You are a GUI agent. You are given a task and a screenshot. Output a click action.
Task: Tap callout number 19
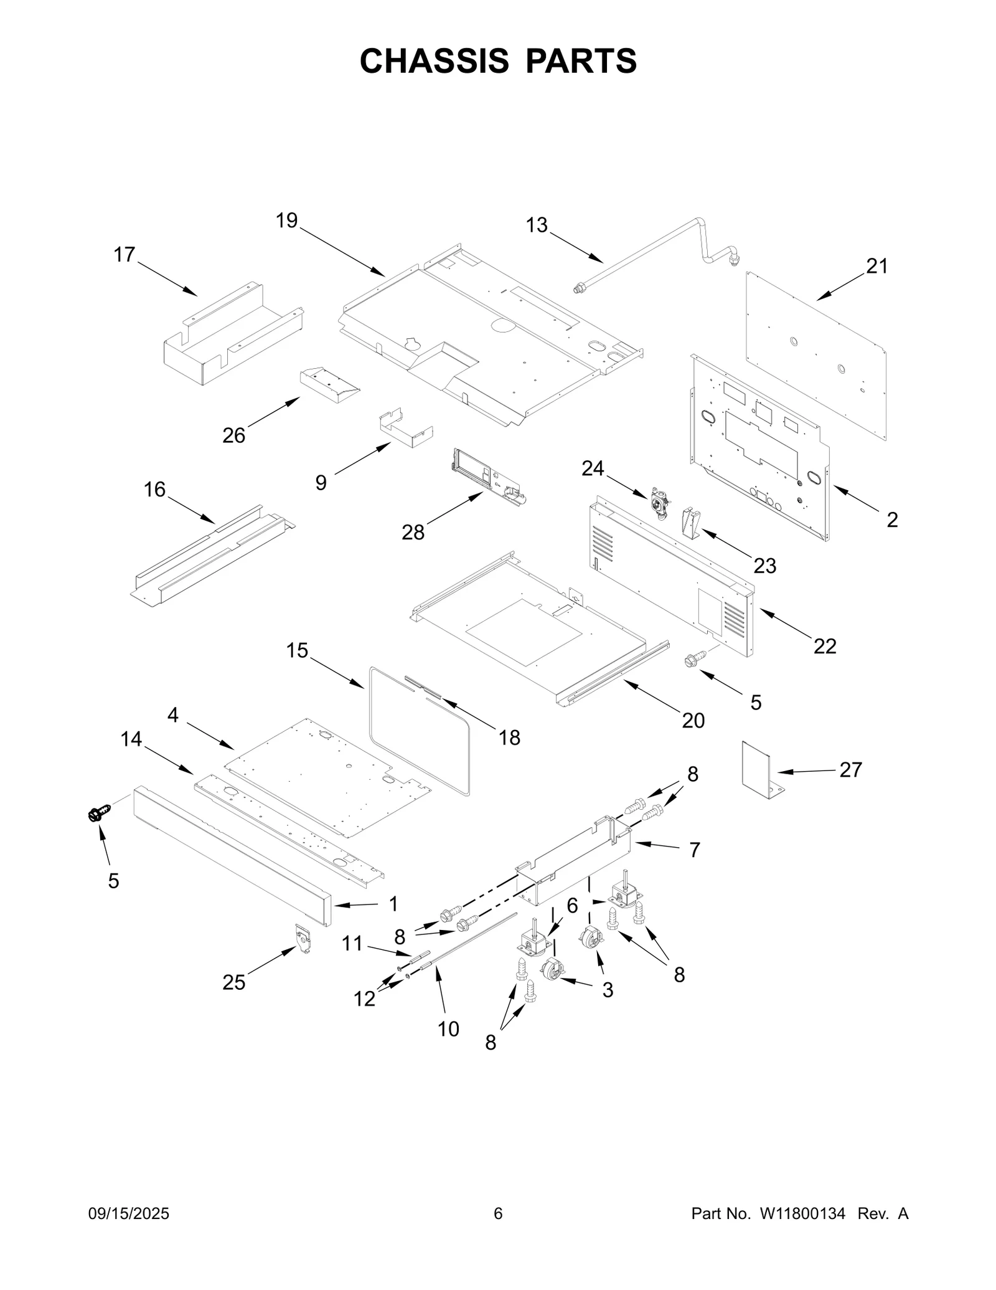(x=287, y=221)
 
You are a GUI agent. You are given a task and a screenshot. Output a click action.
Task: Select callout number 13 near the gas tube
(x=537, y=225)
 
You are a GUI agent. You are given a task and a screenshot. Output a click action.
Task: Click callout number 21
(x=877, y=266)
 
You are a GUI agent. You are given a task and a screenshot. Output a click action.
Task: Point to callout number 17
(x=125, y=255)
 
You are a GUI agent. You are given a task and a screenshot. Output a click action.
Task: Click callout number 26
(x=234, y=435)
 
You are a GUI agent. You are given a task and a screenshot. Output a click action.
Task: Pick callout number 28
(x=413, y=533)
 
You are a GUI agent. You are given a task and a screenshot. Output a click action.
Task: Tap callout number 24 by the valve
(x=593, y=468)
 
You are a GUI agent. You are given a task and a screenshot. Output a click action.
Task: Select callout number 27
(x=850, y=770)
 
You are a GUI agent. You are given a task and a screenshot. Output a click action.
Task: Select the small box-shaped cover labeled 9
(x=405, y=429)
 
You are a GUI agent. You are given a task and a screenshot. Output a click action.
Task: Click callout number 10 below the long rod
(x=448, y=1029)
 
